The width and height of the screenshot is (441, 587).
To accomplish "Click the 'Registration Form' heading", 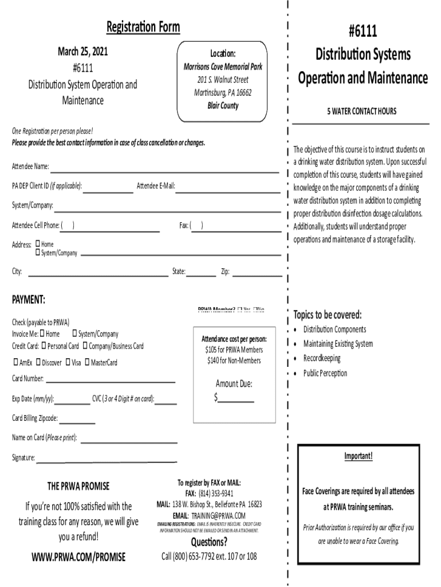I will (143, 27).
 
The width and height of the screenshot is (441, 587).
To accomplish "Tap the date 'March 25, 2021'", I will (83, 52).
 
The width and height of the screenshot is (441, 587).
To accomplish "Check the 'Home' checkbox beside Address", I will (38, 244).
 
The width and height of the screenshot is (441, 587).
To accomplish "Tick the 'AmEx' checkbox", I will (15, 362).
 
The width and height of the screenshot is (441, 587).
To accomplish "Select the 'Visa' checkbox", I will (68, 362).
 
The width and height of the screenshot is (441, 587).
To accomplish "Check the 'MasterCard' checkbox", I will (86, 362).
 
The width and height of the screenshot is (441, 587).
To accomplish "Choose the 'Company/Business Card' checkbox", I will (85, 346).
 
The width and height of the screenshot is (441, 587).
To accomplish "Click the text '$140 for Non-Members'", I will (234, 361).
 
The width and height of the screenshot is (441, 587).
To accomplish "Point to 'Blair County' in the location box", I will (223, 105).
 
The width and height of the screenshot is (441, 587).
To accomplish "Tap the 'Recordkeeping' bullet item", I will (321, 358).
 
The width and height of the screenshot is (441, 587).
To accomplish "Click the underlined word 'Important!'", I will (358, 456).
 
